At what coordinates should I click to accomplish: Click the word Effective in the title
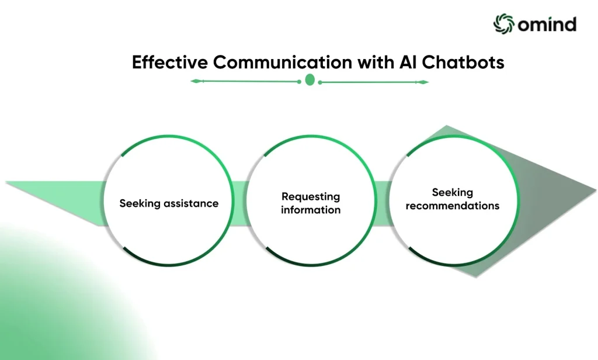(x=169, y=62)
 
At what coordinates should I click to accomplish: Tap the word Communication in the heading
(x=283, y=62)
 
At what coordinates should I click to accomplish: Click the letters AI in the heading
(x=408, y=62)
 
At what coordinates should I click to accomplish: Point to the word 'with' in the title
(x=376, y=62)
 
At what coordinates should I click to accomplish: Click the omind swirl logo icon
(x=504, y=24)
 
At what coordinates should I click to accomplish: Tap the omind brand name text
(x=547, y=25)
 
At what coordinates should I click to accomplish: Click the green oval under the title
(x=310, y=80)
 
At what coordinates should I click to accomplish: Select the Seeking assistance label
(x=169, y=203)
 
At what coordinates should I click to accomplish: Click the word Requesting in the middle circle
(x=311, y=197)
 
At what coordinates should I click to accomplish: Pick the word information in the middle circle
(x=311, y=210)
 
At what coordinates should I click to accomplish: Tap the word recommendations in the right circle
(x=453, y=206)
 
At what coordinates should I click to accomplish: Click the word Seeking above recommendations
(x=453, y=193)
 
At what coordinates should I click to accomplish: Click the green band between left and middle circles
(x=239, y=203)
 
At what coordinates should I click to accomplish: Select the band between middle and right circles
(x=383, y=203)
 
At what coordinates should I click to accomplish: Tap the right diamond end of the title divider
(x=423, y=82)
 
